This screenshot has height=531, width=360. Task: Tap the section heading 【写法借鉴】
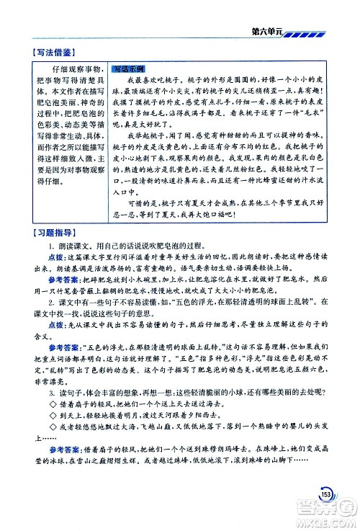[42, 53]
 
